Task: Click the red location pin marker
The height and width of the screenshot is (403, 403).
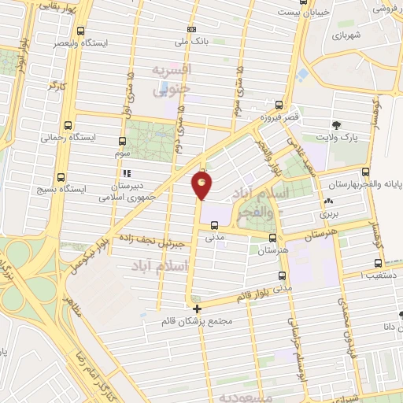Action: click(202, 185)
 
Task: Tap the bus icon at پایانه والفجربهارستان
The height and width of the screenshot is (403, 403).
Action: click(365, 171)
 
